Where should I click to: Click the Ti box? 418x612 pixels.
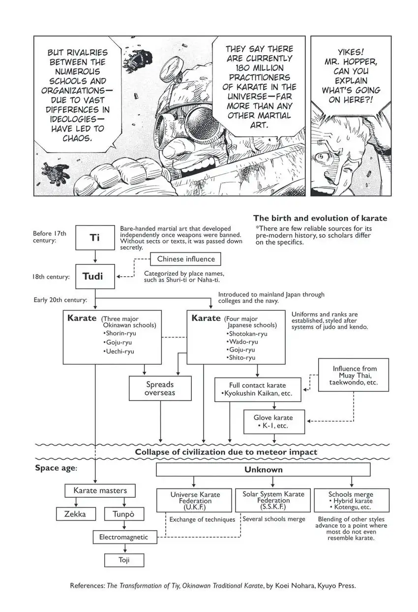(95, 237)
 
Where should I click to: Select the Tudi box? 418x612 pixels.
(95, 276)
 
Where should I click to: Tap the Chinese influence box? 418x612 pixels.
(185, 259)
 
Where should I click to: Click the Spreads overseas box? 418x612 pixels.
(160, 388)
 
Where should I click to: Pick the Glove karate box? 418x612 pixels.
(274, 421)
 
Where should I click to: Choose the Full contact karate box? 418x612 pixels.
(258, 389)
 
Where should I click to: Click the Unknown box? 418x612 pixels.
(263, 470)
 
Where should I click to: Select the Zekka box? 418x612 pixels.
(76, 514)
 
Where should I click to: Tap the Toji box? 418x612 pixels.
(124, 560)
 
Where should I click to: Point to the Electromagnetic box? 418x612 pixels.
(125, 537)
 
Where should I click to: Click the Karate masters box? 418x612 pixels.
(100, 491)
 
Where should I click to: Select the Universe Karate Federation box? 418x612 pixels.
(194, 500)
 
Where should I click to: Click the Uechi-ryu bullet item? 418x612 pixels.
(119, 352)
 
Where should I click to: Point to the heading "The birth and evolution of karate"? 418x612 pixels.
(320, 218)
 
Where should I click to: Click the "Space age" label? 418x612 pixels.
(56, 468)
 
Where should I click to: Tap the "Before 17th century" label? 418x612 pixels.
(49, 237)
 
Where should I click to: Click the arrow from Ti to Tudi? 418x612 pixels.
(95, 257)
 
